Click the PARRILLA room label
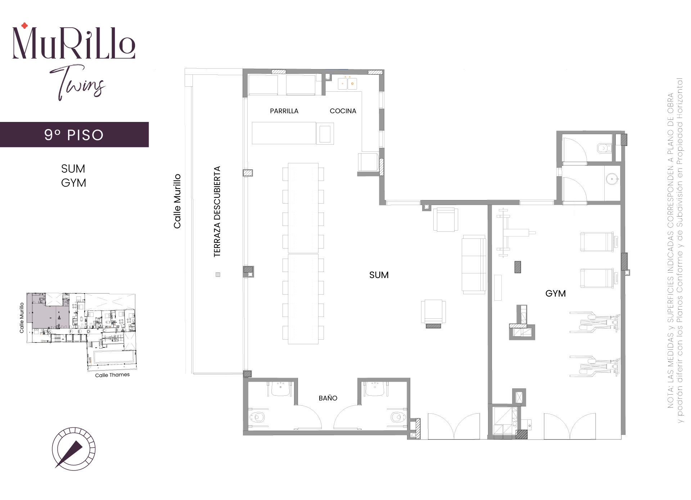tap(284, 111)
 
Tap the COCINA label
tap(343, 111)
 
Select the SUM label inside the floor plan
tap(379, 275)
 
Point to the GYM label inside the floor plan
tap(556, 294)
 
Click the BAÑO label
tap(328, 398)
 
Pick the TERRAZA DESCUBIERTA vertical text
tap(217, 212)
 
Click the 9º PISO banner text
tap(74, 135)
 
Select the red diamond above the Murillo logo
tap(24, 26)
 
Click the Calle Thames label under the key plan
tap(112, 375)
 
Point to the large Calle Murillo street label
tap(177, 201)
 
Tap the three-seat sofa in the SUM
tap(474, 264)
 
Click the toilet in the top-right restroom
tap(604, 148)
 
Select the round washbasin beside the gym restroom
tap(612, 179)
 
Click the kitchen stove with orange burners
tap(347, 83)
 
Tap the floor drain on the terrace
tap(218, 274)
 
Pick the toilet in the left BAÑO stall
tap(257, 417)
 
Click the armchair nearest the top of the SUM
tap(446, 219)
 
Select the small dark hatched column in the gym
tap(518, 267)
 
